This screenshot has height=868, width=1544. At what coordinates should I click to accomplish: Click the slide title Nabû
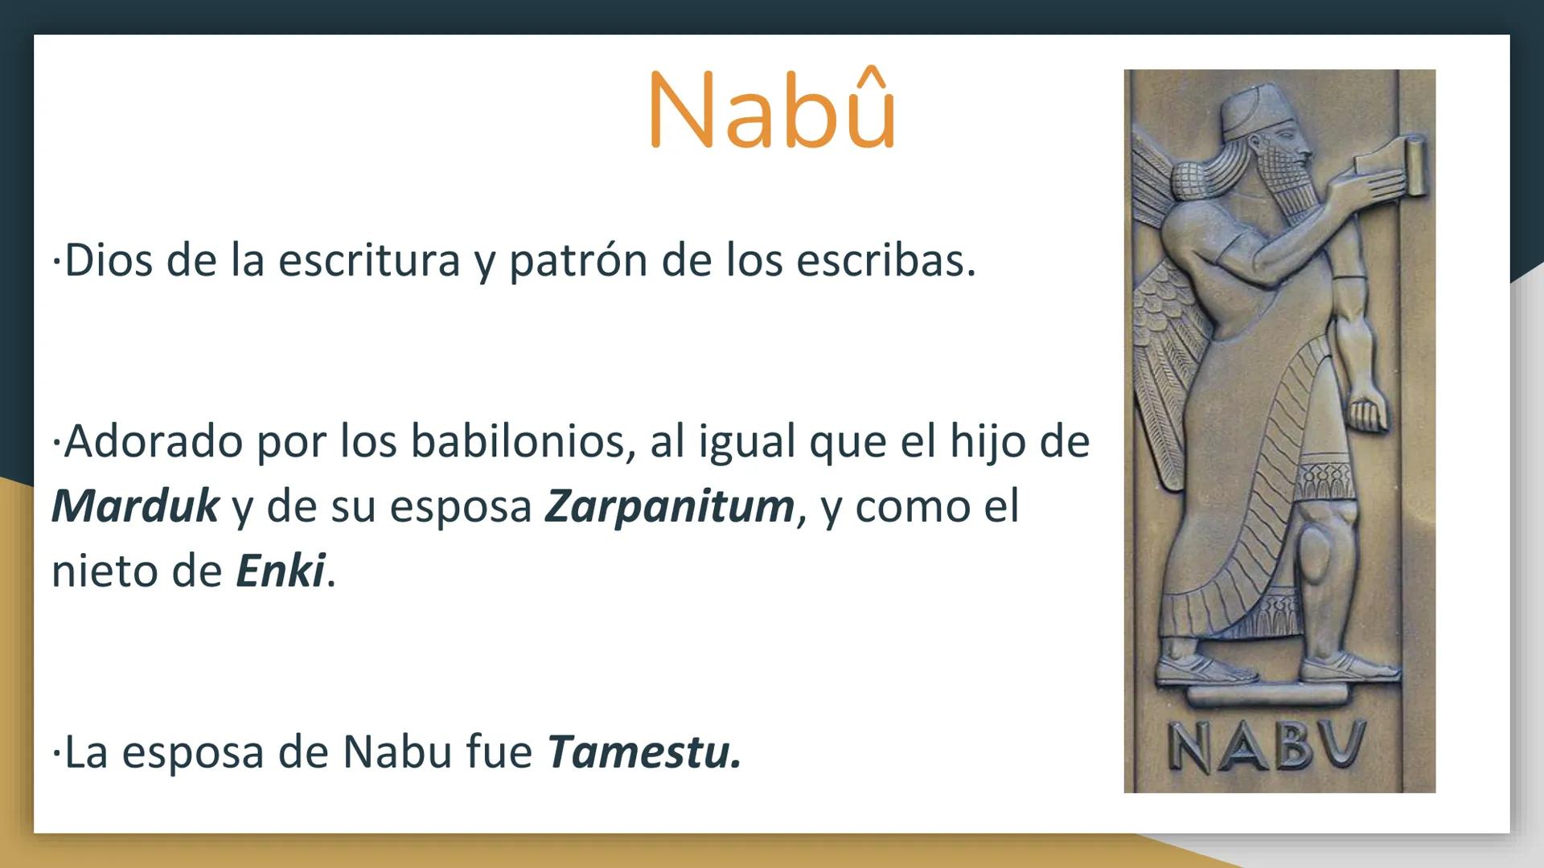[x=771, y=110]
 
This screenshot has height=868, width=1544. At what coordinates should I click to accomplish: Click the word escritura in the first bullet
[x=369, y=260]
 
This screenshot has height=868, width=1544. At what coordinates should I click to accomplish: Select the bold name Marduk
[x=135, y=506]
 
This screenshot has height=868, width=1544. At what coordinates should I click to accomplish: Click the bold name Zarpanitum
[x=670, y=506]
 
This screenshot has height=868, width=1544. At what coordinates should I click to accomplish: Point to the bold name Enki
[x=281, y=571]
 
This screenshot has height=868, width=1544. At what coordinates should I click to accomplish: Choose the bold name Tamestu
[x=643, y=752]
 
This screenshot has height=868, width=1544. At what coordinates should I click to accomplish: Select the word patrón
[x=577, y=260]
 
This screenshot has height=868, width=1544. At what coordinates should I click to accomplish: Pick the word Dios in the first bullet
[x=108, y=260]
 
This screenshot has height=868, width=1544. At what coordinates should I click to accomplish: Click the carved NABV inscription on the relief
[x=1267, y=747]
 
